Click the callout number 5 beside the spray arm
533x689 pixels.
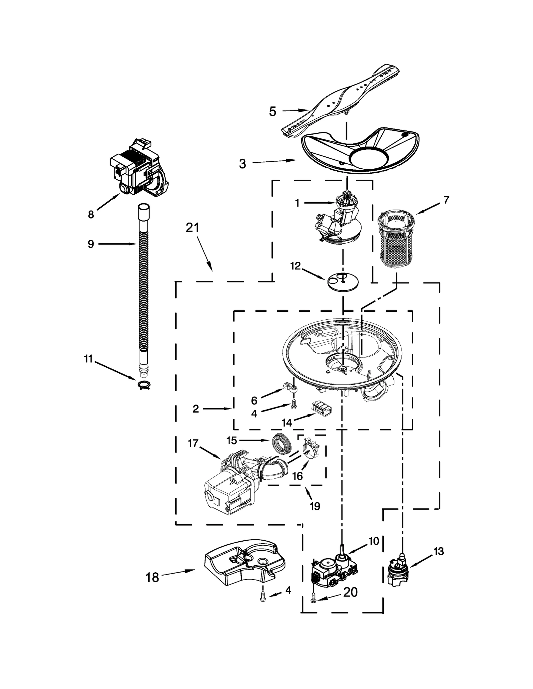(272, 112)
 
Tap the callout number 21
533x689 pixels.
(192, 228)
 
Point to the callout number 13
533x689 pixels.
(439, 552)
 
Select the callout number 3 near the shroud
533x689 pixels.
(243, 164)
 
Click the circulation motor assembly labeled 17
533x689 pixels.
(230, 483)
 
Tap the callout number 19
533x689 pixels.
(315, 506)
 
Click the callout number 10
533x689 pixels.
(374, 542)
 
